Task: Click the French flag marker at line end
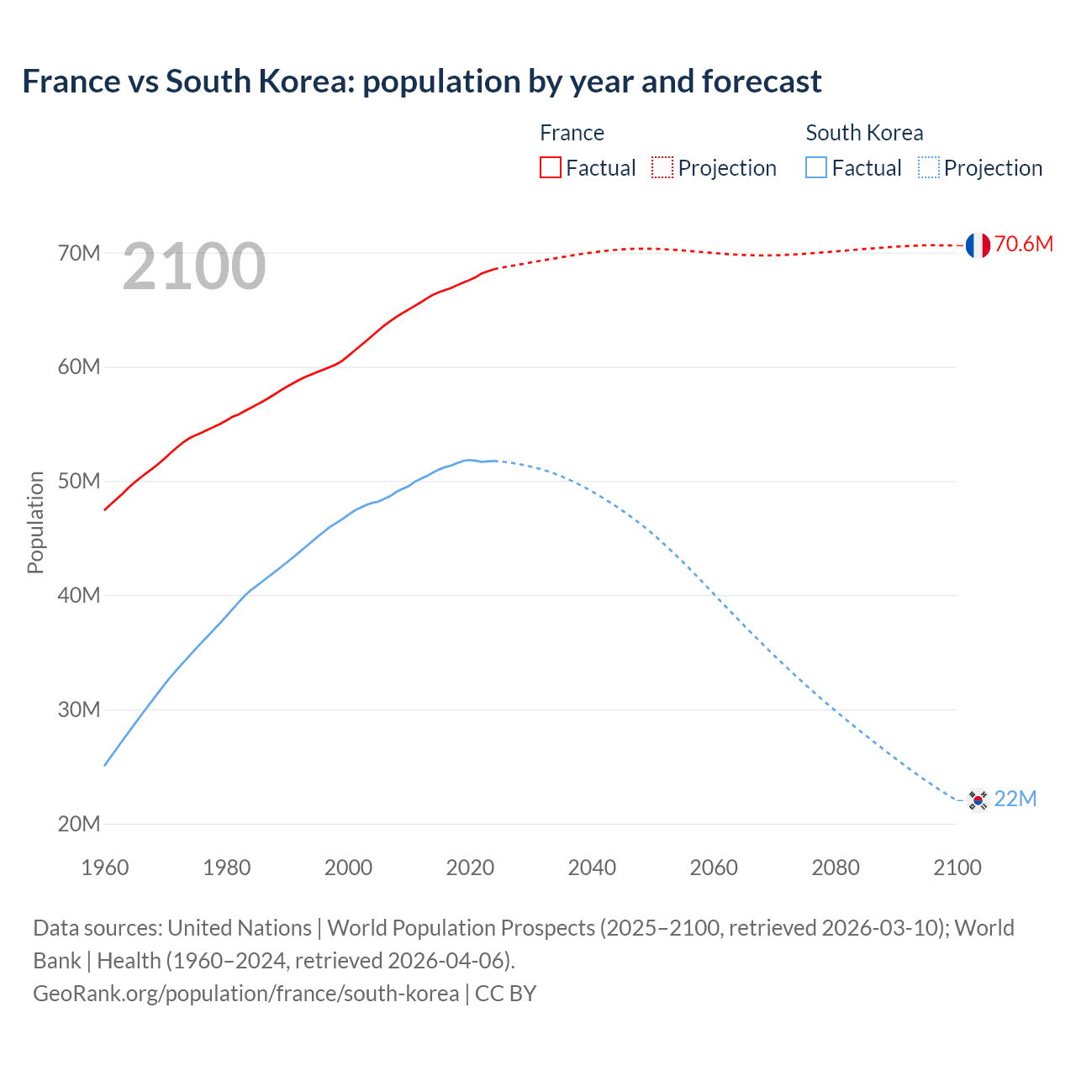click(977, 245)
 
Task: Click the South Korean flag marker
click(977, 799)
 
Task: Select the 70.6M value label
click(1023, 245)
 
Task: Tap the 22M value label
click(1015, 799)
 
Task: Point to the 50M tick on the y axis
click(79, 482)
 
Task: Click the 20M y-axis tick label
click(79, 824)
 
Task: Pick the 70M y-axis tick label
click(79, 253)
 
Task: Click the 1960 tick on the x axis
click(105, 868)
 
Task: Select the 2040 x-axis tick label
click(592, 868)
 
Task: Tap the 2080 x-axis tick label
click(835, 868)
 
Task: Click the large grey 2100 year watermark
click(194, 266)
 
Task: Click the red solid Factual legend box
click(551, 167)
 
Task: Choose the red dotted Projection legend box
click(662, 167)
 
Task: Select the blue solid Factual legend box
click(816, 167)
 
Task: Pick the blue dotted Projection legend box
click(928, 167)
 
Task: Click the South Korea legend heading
click(864, 133)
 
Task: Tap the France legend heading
click(572, 133)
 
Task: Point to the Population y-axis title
click(35, 522)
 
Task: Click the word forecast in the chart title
click(762, 82)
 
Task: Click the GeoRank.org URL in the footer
click(245, 994)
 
